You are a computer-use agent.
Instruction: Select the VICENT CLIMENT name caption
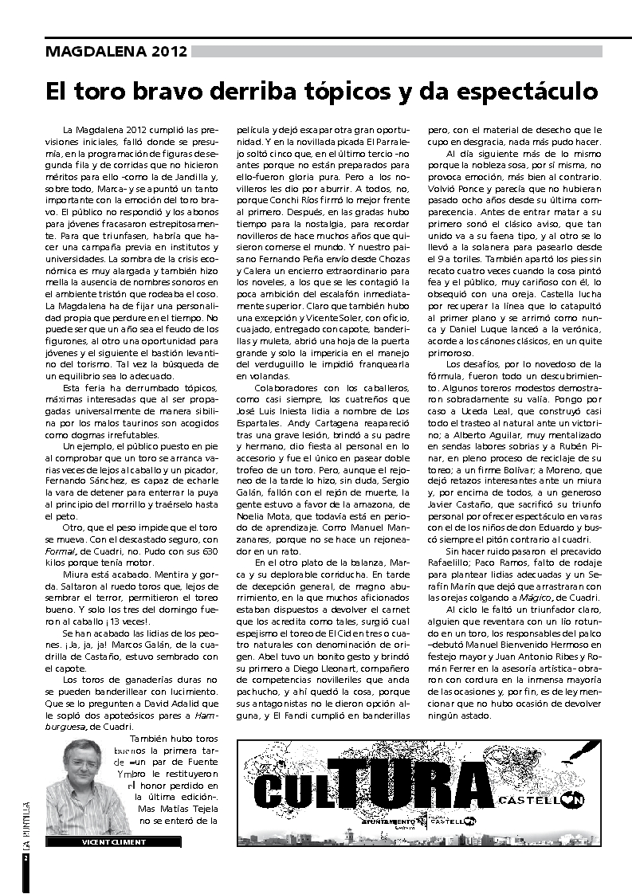point(114,841)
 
